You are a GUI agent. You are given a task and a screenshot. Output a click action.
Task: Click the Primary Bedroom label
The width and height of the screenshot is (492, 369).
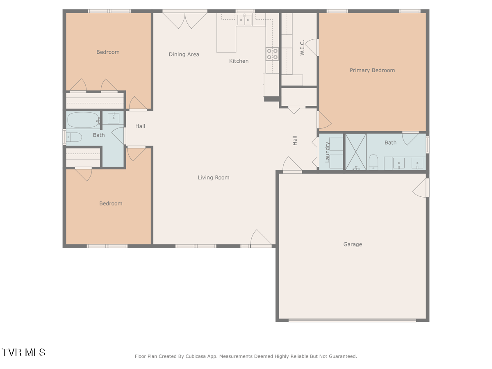click(372, 71)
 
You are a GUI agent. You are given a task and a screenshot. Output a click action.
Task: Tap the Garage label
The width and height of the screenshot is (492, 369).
click(353, 244)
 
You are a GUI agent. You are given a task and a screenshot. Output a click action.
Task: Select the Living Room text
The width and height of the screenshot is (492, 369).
click(213, 178)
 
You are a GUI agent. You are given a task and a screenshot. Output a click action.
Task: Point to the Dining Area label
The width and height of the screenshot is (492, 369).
click(184, 55)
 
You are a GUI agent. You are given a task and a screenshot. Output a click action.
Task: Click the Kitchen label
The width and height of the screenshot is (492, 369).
click(239, 61)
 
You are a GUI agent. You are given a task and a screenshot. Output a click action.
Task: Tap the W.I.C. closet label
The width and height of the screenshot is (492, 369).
click(302, 48)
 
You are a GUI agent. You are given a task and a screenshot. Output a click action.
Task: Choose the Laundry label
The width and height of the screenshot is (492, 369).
click(327, 152)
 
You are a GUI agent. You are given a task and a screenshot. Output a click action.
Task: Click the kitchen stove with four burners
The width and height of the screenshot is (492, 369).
click(272, 54)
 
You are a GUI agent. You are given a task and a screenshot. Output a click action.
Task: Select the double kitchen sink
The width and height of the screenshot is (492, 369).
click(244, 20)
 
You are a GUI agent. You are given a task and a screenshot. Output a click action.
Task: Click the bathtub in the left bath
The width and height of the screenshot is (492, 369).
click(83, 120)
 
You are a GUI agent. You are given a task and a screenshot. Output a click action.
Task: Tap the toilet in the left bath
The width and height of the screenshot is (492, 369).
click(74, 137)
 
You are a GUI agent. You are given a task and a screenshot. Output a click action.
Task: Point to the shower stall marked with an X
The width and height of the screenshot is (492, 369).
click(356, 152)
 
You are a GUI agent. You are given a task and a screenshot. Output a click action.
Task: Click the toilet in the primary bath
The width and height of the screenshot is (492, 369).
click(373, 162)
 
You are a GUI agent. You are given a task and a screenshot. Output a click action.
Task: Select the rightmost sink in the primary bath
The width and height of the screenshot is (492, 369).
click(417, 163)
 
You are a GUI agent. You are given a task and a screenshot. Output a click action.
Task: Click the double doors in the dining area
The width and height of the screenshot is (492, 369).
click(185, 20)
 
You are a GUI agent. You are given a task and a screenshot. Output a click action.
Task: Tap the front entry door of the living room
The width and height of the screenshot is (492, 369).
click(261, 239)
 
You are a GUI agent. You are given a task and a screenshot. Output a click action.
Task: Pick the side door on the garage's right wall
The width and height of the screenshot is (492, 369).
click(421, 188)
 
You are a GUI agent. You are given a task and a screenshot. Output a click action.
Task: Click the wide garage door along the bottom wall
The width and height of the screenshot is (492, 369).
click(352, 320)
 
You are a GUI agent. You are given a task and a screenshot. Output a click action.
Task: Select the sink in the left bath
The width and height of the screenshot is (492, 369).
click(114, 118)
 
